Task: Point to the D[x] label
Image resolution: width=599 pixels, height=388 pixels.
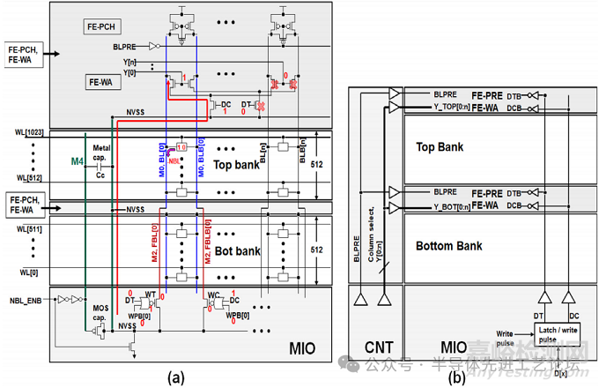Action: click(x=560, y=374)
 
